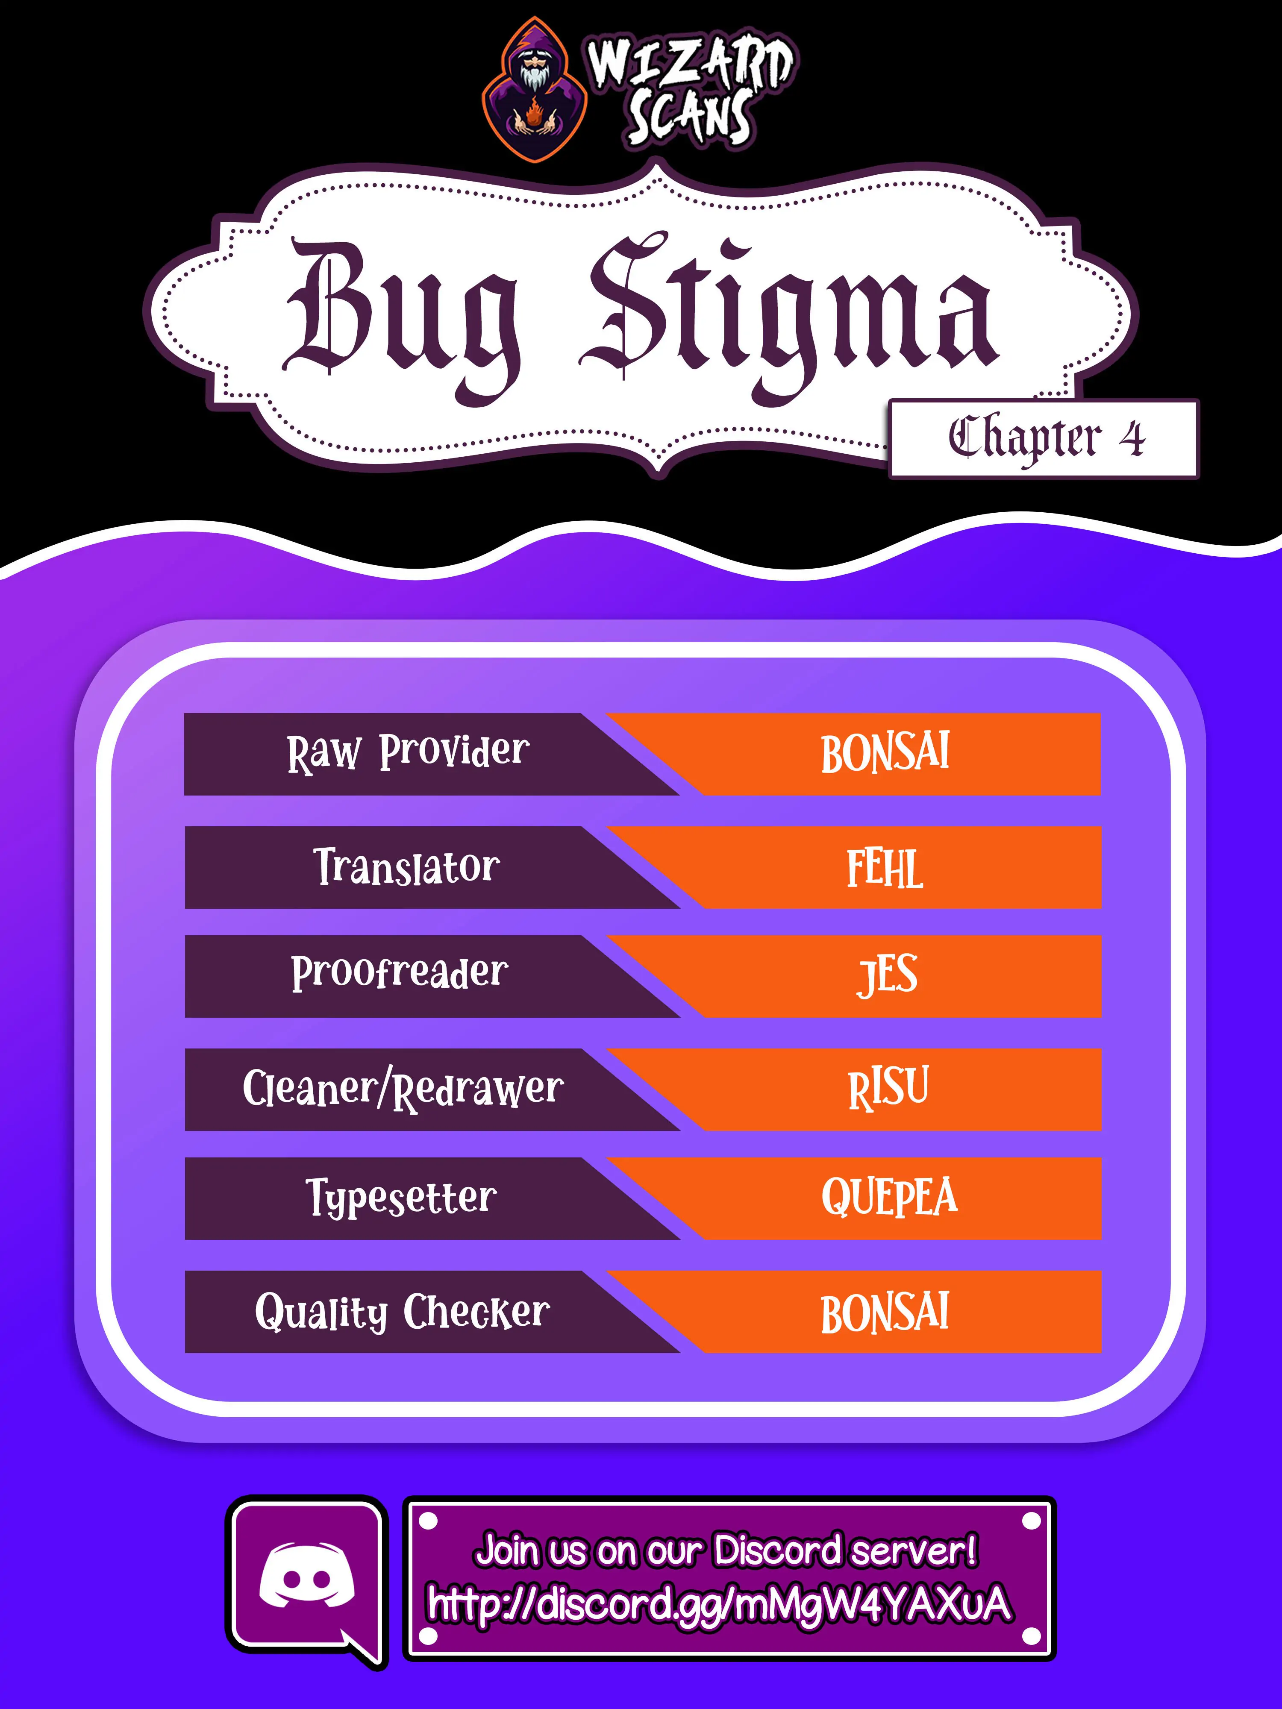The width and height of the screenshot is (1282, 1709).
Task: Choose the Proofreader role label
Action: (400, 973)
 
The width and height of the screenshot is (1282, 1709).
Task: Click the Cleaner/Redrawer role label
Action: (403, 1089)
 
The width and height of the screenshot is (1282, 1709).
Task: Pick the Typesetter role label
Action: (401, 1199)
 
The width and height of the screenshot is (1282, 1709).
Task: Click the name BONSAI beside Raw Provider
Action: (885, 753)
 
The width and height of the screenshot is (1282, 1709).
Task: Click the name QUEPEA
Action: (889, 1198)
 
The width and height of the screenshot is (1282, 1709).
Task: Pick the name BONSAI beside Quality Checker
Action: (885, 1313)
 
